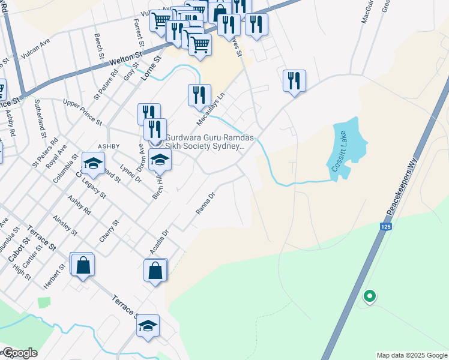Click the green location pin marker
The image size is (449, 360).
coord(370,296)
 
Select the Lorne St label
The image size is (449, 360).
coord(151,68)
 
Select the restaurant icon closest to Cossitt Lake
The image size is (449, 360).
coord(294,81)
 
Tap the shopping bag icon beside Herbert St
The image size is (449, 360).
coord(83,263)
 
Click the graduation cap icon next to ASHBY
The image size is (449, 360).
coord(93,163)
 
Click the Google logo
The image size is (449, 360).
coord(19,353)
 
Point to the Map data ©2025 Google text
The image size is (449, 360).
coord(412,355)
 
